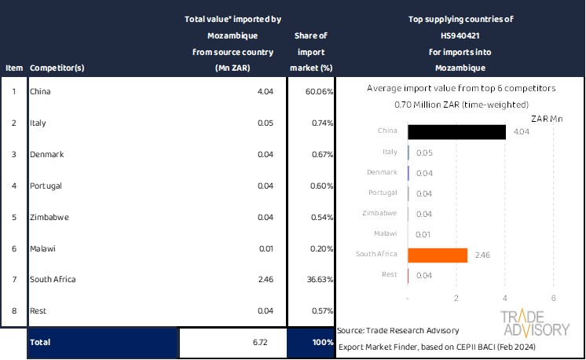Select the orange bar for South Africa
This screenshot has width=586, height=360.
click(x=438, y=255)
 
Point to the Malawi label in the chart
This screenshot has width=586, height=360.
click(x=385, y=234)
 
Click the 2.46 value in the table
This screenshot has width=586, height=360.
click(x=262, y=279)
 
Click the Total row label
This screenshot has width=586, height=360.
click(x=40, y=343)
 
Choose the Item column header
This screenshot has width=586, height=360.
click(x=13, y=68)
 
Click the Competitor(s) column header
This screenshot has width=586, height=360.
click(x=57, y=68)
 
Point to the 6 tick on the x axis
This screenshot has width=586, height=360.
click(x=554, y=298)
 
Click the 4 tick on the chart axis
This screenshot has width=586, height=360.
click(x=505, y=298)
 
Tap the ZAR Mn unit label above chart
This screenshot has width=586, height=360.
click(x=547, y=119)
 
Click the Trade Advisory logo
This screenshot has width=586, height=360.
click(x=535, y=323)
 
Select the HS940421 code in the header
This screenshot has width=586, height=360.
click(x=460, y=35)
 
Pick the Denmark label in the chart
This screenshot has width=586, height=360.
click(x=382, y=172)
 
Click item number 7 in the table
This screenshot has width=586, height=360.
click(x=13, y=279)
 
